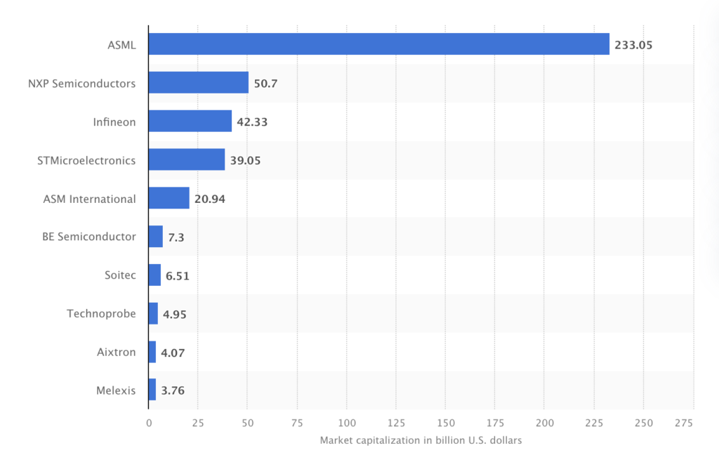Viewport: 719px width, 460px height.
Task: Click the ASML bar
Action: pos(378,44)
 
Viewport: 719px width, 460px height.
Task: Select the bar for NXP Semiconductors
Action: pos(198,83)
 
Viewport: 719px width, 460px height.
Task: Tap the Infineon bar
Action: pos(190,121)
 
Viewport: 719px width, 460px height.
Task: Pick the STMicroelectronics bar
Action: pos(186,159)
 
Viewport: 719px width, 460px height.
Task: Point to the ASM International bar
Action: pos(169,198)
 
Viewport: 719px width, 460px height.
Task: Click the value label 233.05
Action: pos(634,45)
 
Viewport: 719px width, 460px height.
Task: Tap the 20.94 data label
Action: pos(210,199)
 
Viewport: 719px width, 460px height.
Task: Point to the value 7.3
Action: pos(177,237)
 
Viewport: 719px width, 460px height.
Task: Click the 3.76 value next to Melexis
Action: pos(173,390)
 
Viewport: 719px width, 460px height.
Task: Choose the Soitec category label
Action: pos(120,275)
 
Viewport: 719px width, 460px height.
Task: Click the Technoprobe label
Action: pos(101,313)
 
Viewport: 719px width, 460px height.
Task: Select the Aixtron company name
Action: pos(116,352)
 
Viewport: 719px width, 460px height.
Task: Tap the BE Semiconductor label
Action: pos(89,237)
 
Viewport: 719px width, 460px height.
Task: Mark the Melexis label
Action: pos(116,390)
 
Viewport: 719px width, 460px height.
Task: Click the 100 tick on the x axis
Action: pos(347,423)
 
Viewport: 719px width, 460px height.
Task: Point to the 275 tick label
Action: pos(684,423)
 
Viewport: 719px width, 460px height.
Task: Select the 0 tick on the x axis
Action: pos(149,423)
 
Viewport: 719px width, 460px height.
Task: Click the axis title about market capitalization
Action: pos(421,440)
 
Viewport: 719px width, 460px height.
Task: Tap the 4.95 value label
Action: pos(175,314)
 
